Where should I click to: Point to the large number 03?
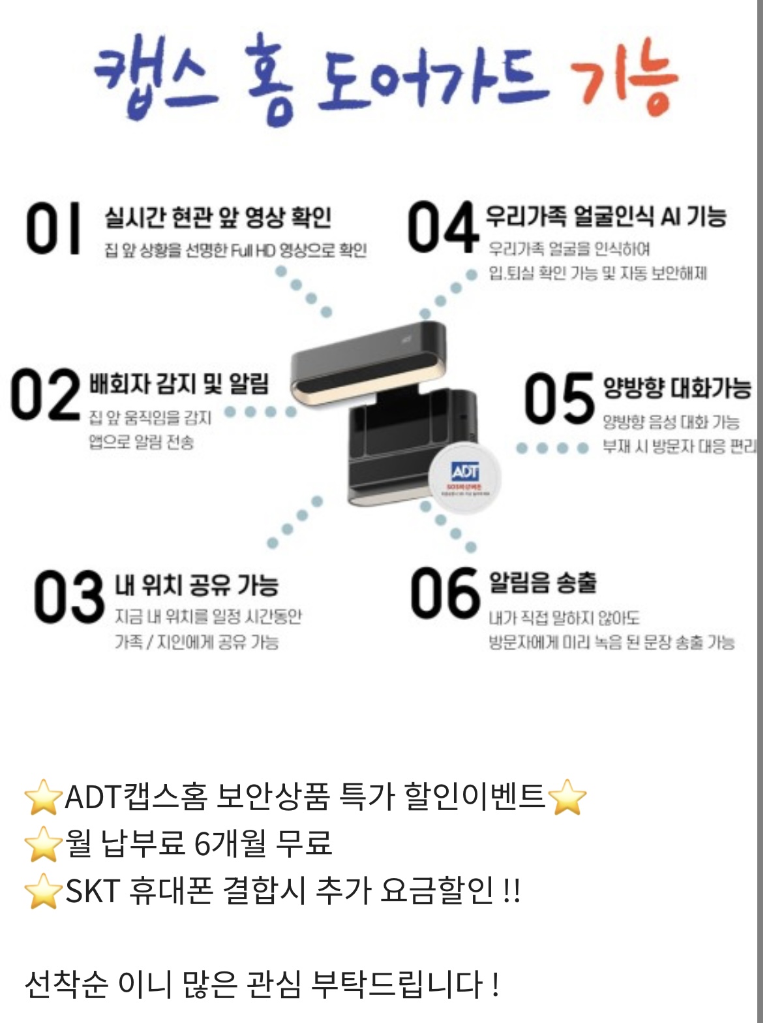tap(69, 596)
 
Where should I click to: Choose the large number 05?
tap(559, 398)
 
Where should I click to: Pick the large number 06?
tap(445, 593)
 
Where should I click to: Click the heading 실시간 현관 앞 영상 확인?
tap(219, 217)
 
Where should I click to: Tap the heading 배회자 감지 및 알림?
tap(179, 384)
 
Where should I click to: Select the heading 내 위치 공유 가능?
tap(196, 584)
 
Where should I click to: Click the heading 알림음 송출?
tap(543, 582)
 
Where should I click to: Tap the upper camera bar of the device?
tap(369, 362)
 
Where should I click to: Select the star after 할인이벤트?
tap(567, 796)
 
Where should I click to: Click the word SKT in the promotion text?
tap(93, 890)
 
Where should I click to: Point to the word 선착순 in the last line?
tap(67, 984)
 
